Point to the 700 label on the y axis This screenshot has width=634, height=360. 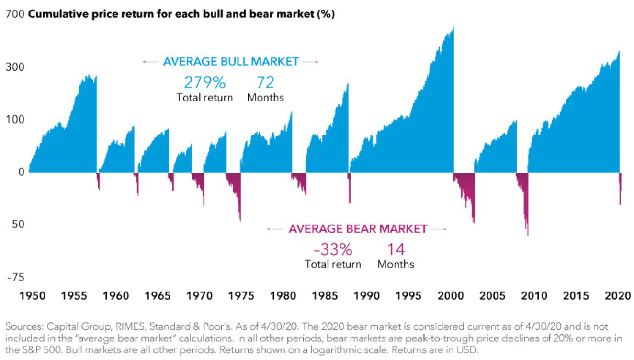[x=14, y=15]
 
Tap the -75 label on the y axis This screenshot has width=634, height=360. [x=14, y=277]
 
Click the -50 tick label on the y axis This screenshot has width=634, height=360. [x=14, y=224]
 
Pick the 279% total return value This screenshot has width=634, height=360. [x=204, y=82]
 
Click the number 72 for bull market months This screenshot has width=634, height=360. [x=265, y=82]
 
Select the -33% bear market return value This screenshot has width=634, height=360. [x=333, y=249]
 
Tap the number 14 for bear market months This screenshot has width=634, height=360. [x=396, y=249]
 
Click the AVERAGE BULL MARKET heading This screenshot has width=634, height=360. [x=231, y=62]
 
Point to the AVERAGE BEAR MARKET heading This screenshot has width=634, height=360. [x=357, y=229]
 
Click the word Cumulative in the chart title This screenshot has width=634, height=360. [x=54, y=15]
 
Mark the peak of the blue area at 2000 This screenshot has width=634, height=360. [x=453, y=29]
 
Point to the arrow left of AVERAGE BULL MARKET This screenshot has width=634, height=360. [x=150, y=62]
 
